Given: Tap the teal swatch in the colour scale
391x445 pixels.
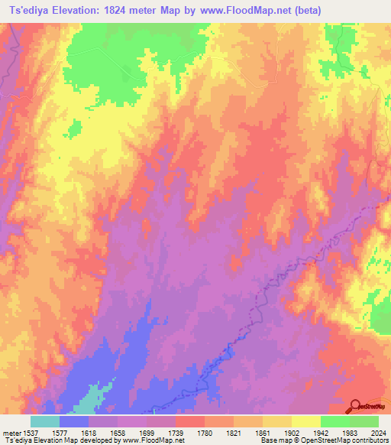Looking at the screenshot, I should pyautogui.click(x=45, y=421).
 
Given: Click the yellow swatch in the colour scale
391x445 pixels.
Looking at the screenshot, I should pyautogui.click(x=306, y=421).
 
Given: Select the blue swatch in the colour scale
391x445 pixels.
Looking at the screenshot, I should pyautogui.click(x=74, y=421).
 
